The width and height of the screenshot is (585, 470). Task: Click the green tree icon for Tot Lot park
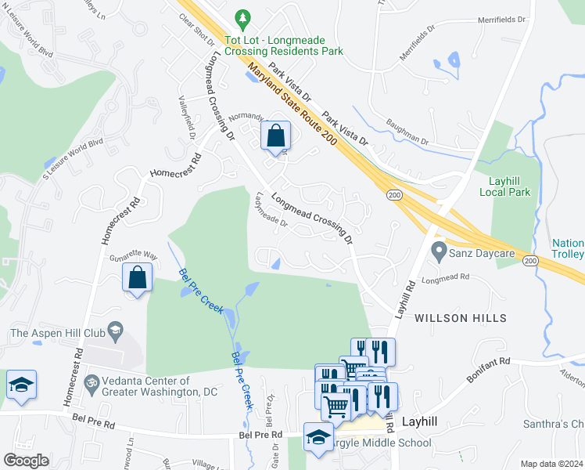(x=243, y=17)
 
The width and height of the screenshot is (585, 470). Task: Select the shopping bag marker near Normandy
(x=275, y=136)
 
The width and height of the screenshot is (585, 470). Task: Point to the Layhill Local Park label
(x=509, y=186)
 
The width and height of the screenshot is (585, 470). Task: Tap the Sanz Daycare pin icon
(x=439, y=252)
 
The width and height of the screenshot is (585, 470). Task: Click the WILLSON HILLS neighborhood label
(x=460, y=318)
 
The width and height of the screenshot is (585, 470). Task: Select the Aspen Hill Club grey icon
(x=116, y=331)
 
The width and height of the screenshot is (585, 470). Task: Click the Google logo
(x=25, y=460)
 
